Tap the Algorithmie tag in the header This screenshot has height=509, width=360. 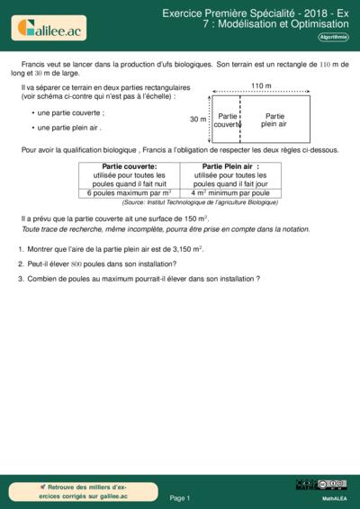tap(334, 37)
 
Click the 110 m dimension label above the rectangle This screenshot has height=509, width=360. tap(262, 85)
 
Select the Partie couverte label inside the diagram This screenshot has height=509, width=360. tap(228, 121)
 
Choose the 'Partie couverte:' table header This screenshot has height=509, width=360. tap(130, 166)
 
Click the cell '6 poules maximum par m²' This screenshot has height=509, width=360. tap(130, 192)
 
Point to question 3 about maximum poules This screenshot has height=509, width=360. tap(144, 279)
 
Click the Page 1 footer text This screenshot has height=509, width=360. tap(180, 497)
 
